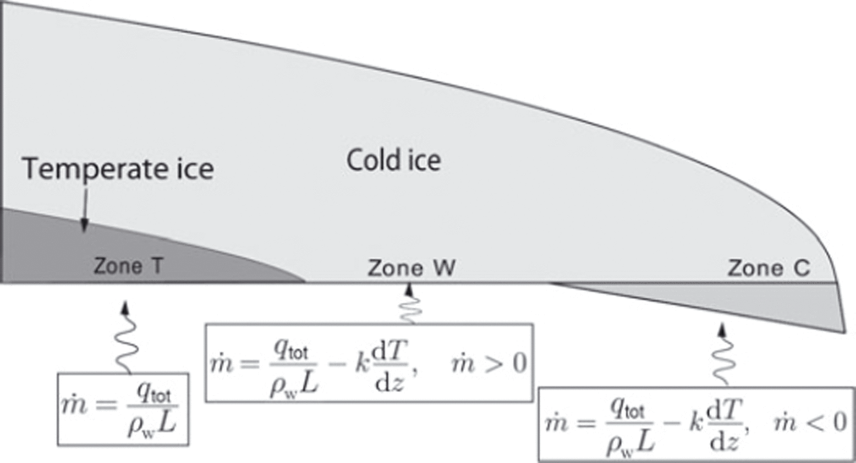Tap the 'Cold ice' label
(394, 160)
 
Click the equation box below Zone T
(122, 409)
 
